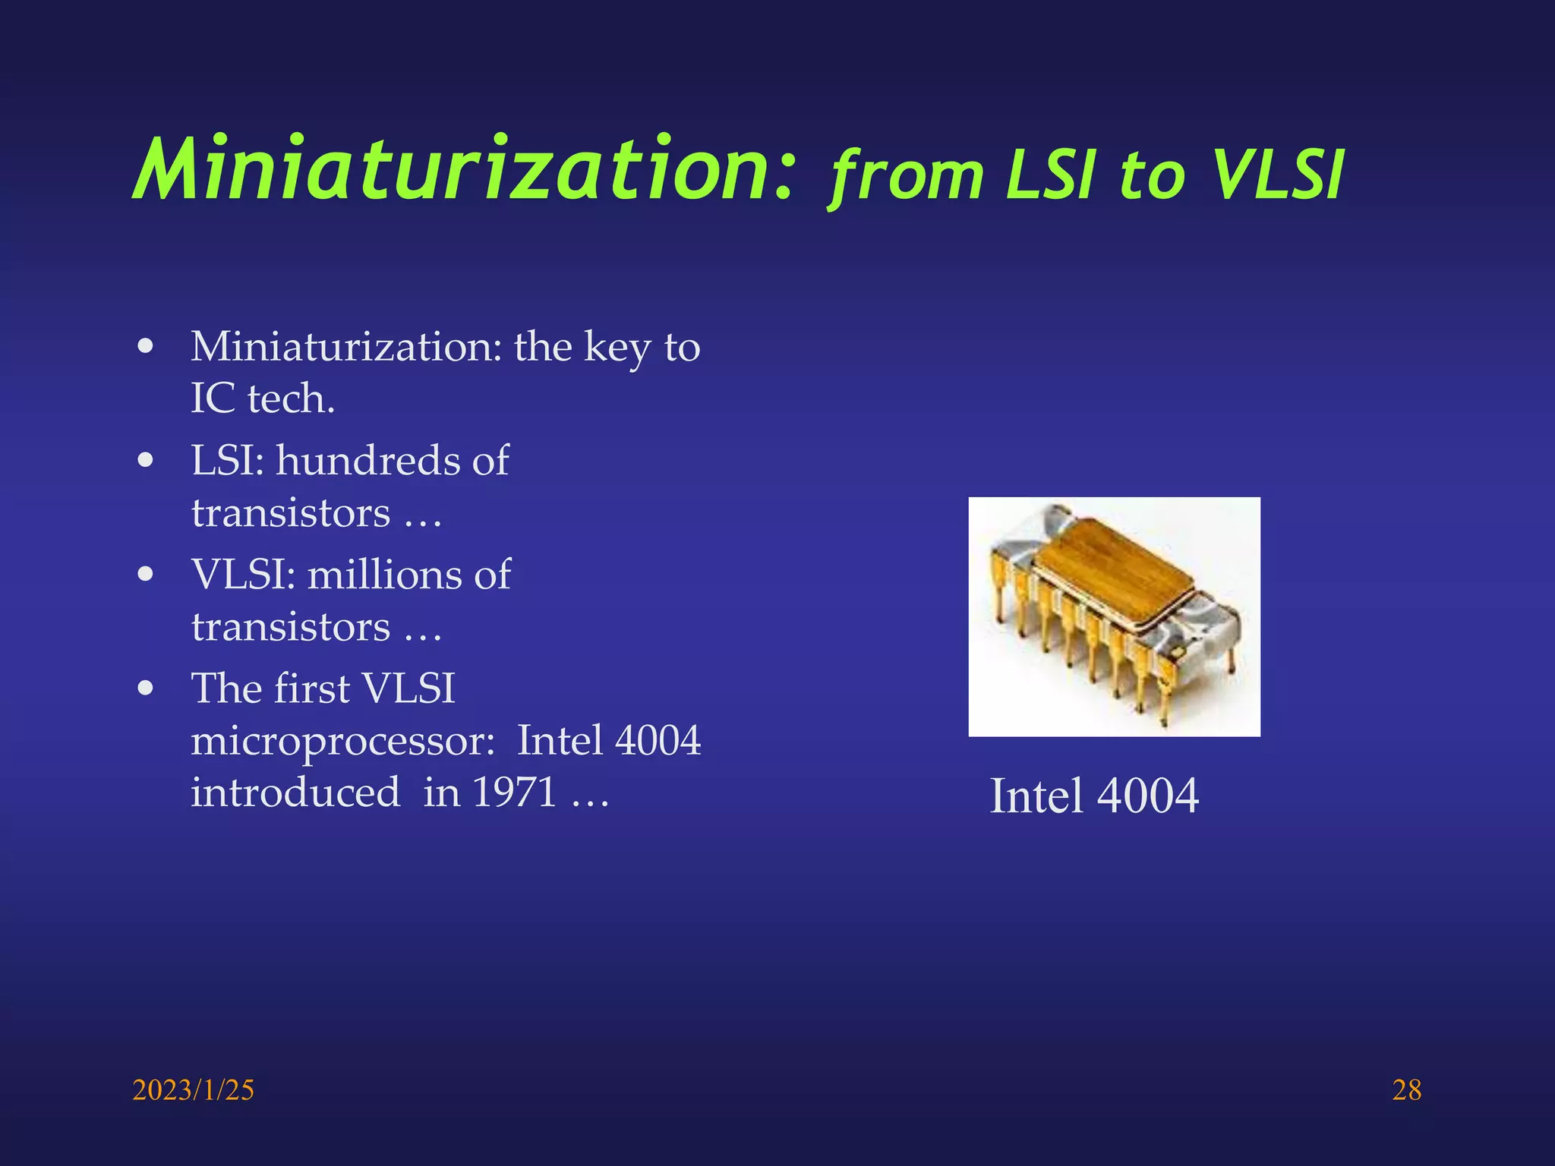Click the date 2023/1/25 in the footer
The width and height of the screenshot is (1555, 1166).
tap(193, 1090)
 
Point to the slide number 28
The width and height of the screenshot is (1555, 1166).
tap(1406, 1090)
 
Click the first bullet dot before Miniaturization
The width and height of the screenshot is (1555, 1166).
tap(146, 348)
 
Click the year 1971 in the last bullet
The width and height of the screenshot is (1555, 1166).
tap(515, 793)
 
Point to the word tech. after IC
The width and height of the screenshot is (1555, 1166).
tap(291, 399)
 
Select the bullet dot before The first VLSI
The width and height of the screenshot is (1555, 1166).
tap(146, 689)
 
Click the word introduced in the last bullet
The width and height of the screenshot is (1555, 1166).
tap(295, 793)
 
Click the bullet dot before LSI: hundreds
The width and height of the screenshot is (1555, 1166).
tap(146, 461)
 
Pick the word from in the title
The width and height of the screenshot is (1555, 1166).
tap(907, 176)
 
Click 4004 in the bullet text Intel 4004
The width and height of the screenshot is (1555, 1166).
tap(658, 741)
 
